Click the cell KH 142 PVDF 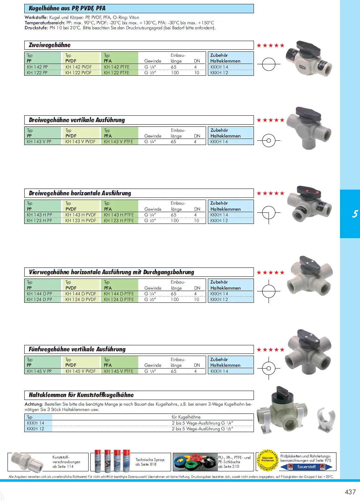(79, 67)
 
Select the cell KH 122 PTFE (116, 73)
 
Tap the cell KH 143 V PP (39, 142)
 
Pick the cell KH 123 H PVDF (81, 221)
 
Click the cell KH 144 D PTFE (119, 294)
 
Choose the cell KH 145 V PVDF (81, 371)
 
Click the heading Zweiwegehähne (50, 45)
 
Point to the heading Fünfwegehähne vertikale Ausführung (77, 349)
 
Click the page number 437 (350, 492)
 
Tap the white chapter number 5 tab (355, 214)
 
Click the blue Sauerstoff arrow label (306, 467)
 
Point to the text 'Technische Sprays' (150, 460)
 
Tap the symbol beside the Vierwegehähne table (269, 291)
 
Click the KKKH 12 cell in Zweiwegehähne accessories (219, 73)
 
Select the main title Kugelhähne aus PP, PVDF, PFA (67, 8)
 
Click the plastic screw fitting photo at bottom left (27, 461)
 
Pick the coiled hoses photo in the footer (195, 462)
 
